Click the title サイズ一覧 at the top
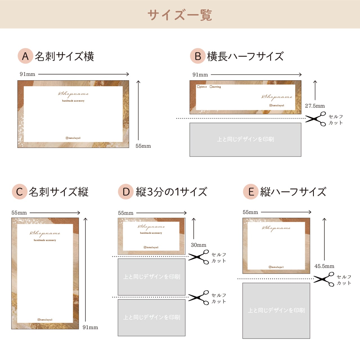(180, 15)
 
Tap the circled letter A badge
(25, 56)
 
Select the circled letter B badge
(198, 56)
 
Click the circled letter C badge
(19, 192)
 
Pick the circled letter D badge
(126, 192)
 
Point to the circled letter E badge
(251, 192)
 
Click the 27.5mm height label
(315, 106)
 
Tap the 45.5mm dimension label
(324, 266)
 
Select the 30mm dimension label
(198, 245)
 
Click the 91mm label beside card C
(90, 327)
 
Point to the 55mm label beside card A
(143, 146)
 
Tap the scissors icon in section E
(324, 279)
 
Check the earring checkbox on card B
(211, 87)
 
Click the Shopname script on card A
(73, 94)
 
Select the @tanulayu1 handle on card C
(45, 320)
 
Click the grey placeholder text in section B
(245, 139)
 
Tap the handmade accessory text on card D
(151, 233)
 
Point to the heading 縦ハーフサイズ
(293, 192)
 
